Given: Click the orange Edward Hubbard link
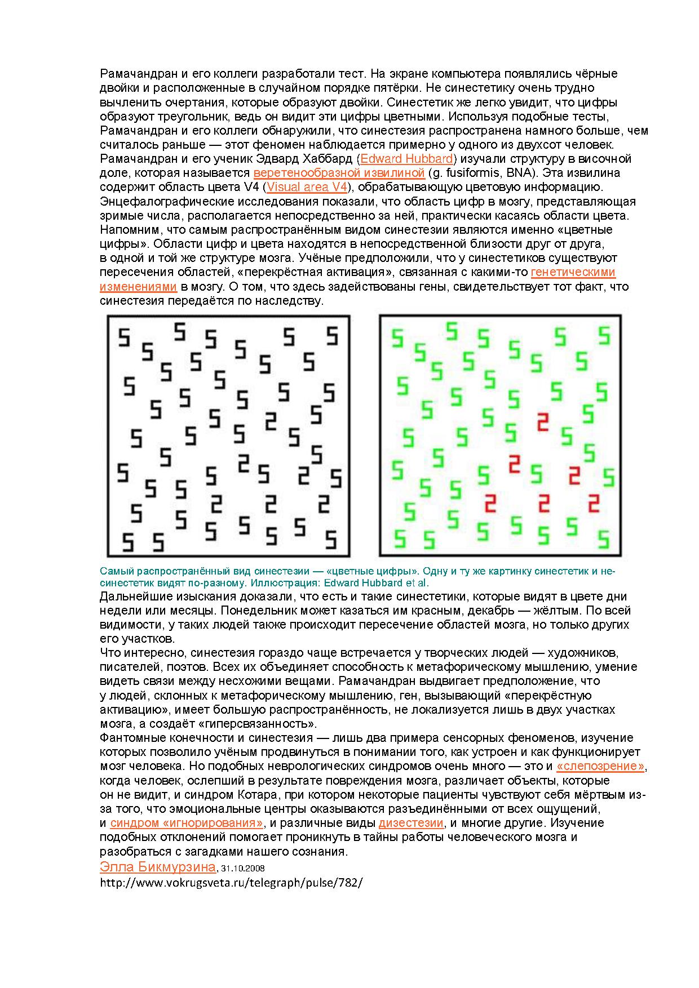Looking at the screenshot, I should (406, 159).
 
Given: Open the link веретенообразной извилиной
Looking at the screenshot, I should (339, 173).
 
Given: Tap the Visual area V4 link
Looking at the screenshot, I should (306, 187).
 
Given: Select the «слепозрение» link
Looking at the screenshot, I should (600, 767).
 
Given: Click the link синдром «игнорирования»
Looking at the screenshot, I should (187, 823).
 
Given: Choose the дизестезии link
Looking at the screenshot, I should (410, 823).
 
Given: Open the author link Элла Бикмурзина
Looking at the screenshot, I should (157, 866).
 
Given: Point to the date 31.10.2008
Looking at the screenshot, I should (243, 868).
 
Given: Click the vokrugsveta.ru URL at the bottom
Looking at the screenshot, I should (231, 883).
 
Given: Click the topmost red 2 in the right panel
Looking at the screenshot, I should (543, 422).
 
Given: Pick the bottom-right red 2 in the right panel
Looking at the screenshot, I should (594, 503).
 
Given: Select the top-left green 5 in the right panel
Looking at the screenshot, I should (398, 338).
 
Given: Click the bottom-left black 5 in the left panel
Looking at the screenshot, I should (129, 542).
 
